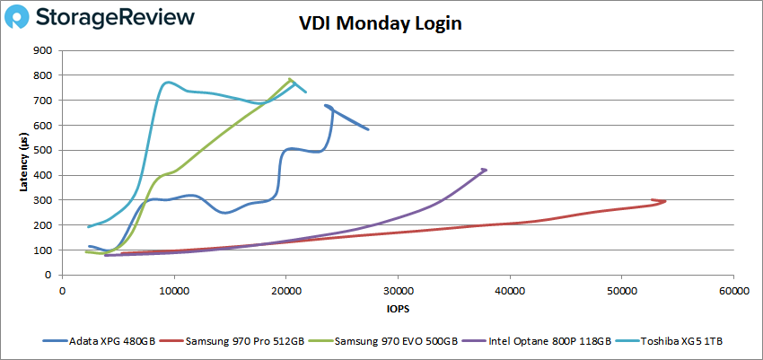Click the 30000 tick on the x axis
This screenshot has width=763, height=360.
pos(398,292)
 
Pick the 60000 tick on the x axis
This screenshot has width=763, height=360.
pos(733,292)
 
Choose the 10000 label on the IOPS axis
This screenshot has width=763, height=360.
pos(174,292)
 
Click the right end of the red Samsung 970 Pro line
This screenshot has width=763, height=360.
pos(664,201)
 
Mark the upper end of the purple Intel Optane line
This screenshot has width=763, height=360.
pos(486,169)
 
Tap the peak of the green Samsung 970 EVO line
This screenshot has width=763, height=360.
pos(290,79)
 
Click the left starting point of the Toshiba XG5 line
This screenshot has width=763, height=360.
pos(88,226)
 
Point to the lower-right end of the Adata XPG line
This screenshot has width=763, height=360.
pos(368,129)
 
